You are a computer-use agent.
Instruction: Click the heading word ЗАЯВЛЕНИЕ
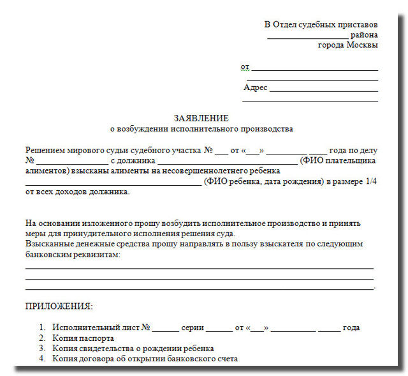pyautogui.click(x=201, y=118)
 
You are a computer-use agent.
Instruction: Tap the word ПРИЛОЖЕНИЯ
pyautogui.click(x=59, y=306)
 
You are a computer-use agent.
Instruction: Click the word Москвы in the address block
pyautogui.click(x=362, y=45)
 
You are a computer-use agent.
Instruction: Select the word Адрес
pyautogui.click(x=256, y=87)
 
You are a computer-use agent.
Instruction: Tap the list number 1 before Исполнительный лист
pyautogui.click(x=41, y=327)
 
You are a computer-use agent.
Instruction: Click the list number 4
pyautogui.click(x=41, y=359)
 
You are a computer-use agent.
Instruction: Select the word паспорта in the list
pyautogui.click(x=98, y=338)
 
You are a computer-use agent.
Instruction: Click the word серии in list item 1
pyautogui.click(x=192, y=327)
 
